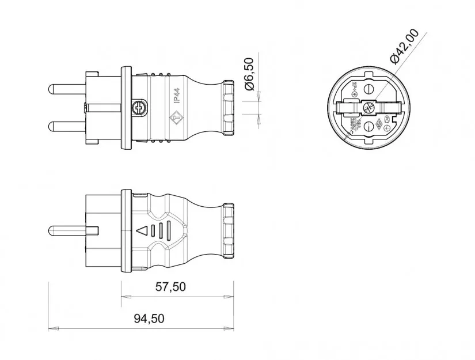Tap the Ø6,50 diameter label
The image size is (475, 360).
click(249, 74)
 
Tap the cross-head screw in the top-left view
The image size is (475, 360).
click(139, 107)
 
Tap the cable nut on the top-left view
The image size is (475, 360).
click(227, 108)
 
